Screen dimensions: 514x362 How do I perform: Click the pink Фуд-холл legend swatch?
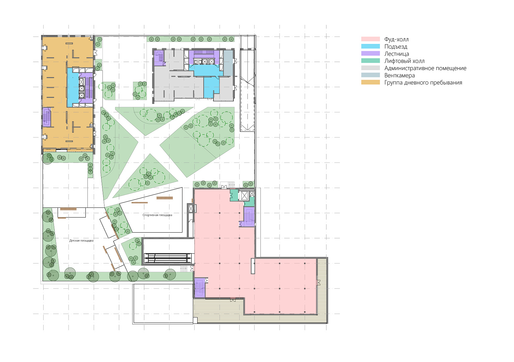click(x=370, y=39)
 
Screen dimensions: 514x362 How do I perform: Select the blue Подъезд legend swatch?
click(x=370, y=46)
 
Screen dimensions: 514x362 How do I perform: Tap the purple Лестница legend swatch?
click(x=370, y=54)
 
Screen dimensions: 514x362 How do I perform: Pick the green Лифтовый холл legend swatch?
click(x=370, y=61)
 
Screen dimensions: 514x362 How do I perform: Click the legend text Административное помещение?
click(x=425, y=68)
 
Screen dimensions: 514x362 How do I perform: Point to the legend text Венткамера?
click(x=399, y=75)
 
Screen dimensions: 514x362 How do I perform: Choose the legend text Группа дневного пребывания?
click(x=423, y=83)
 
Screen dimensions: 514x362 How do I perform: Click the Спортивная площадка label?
click(x=157, y=215)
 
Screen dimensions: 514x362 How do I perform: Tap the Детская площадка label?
click(x=81, y=241)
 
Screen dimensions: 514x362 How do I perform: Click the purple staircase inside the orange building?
click(x=47, y=117)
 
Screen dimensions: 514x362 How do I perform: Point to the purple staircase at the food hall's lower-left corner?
click(x=200, y=288)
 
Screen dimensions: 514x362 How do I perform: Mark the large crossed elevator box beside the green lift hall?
click(x=244, y=196)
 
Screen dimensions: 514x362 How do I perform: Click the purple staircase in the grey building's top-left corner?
click(x=159, y=58)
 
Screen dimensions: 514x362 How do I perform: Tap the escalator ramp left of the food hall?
click(x=167, y=258)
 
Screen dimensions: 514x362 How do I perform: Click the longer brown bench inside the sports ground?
click(x=164, y=198)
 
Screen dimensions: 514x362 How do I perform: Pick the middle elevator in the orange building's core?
click(x=82, y=89)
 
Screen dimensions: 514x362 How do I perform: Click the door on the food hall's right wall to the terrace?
click(x=318, y=283)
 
